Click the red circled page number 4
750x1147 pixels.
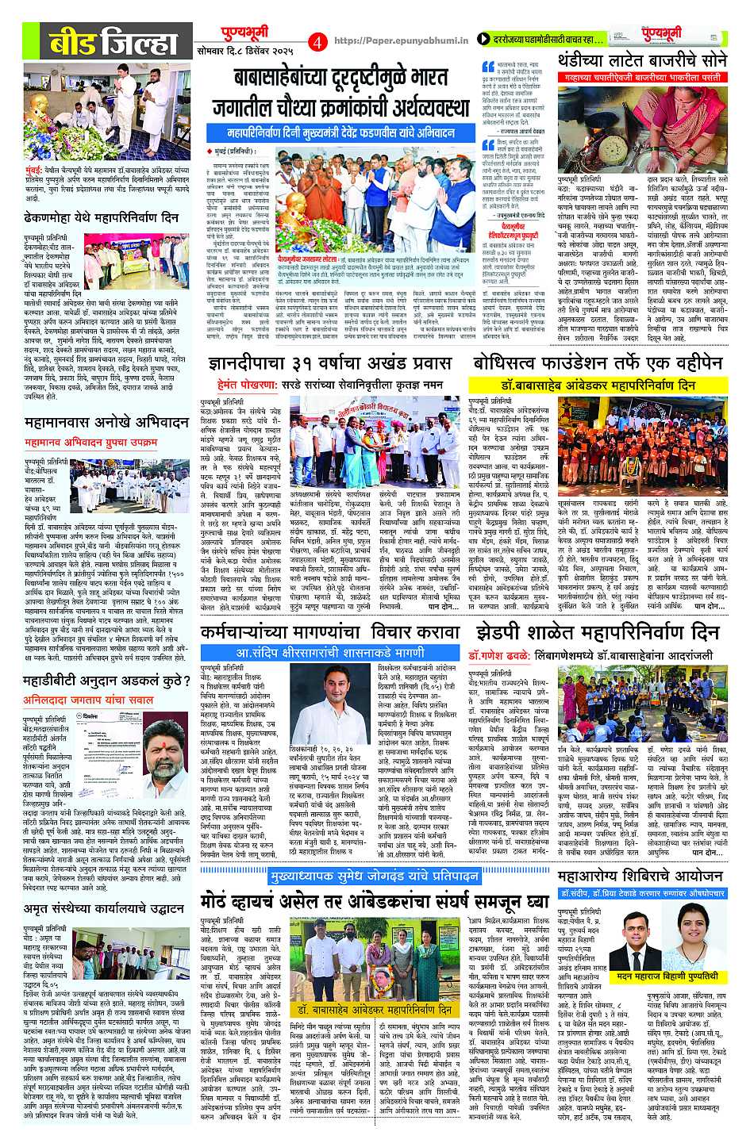pyautogui.click(x=317, y=40)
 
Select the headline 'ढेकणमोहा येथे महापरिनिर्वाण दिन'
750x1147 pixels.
pyautogui.click(x=102, y=217)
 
